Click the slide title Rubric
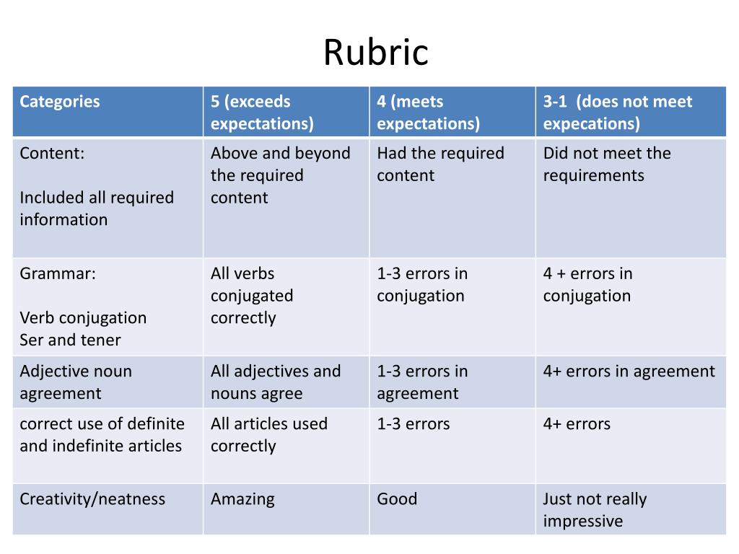[x=375, y=53]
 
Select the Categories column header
[x=60, y=102]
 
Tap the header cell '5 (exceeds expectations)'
[x=262, y=113]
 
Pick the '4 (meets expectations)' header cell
[x=428, y=113]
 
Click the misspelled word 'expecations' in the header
[x=591, y=124]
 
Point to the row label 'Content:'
[x=52, y=154]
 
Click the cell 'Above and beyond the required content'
[x=280, y=175]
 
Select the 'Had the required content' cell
[x=440, y=164]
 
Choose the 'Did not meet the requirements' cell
[x=607, y=164]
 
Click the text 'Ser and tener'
[x=70, y=340]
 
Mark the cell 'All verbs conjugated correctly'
[x=252, y=296]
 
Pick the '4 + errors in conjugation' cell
[x=587, y=285]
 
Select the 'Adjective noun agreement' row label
[x=76, y=382]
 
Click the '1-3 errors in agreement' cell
[x=422, y=382]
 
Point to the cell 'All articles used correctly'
[x=268, y=434]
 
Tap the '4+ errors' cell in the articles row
[x=577, y=424]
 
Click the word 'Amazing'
[x=242, y=499]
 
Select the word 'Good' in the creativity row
[x=397, y=499]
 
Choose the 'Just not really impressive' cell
[x=595, y=510]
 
